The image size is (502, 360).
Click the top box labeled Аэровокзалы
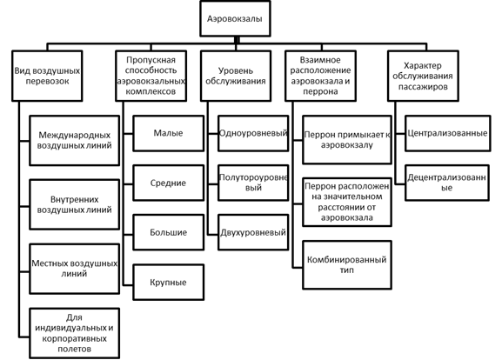[x=235, y=18]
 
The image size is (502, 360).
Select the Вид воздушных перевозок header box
[x=47, y=76]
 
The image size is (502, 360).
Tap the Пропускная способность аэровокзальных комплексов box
[x=151, y=76]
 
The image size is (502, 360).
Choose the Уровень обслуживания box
[x=236, y=76]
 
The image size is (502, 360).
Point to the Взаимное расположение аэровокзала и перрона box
[x=320, y=76]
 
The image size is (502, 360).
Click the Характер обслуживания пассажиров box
[x=423, y=76]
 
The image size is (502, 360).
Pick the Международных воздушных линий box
[x=74, y=141]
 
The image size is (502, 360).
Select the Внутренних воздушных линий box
[x=74, y=204]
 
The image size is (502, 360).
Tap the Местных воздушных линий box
[x=74, y=269]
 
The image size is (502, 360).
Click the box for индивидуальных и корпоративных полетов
[x=74, y=333]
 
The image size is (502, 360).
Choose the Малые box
[x=169, y=133]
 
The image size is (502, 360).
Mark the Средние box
[x=169, y=183]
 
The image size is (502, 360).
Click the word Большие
[x=169, y=232]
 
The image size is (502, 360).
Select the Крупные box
[x=169, y=282]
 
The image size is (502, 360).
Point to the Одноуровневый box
[x=253, y=133]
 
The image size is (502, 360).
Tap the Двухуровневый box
[x=253, y=232]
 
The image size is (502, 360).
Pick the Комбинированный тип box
[x=347, y=265]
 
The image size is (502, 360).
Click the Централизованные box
[x=447, y=133]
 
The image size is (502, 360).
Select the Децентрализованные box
[x=447, y=183]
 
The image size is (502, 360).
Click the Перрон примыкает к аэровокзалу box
[x=347, y=140]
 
